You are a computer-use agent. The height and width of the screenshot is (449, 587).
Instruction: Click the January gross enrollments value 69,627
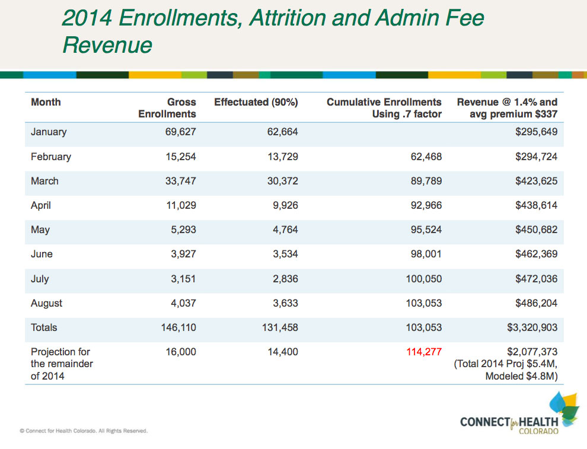coord(180,132)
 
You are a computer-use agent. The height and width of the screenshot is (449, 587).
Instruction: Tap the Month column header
coord(46,102)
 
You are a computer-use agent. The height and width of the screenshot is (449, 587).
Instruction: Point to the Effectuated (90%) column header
coord(256,102)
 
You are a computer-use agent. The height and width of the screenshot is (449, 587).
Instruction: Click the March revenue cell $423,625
coord(532,181)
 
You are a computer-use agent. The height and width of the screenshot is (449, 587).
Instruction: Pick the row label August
coord(46,303)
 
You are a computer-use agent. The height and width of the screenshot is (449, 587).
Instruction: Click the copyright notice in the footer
coord(84,431)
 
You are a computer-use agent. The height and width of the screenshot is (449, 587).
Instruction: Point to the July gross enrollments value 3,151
coord(183,279)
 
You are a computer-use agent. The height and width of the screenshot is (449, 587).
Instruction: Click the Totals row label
coord(44,327)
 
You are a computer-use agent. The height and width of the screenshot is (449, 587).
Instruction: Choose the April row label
coord(41,205)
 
